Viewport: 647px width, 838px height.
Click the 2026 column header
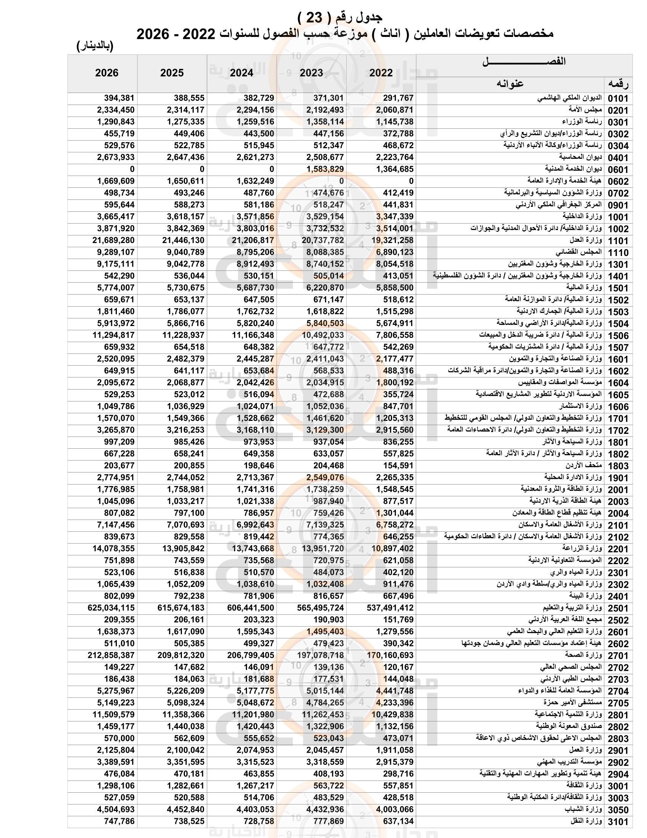(107, 73)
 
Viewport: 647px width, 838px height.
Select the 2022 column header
(381, 73)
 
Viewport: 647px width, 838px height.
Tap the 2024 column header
(241, 73)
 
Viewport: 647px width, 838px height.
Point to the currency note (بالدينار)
(95, 46)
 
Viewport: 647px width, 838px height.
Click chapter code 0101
(618, 99)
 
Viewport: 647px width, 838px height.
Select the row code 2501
(618, 609)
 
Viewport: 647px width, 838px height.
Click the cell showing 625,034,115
(111, 608)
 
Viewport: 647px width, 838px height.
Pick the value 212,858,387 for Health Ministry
(111, 656)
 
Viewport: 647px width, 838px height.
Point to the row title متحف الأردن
(584, 465)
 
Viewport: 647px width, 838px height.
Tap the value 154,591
(398, 466)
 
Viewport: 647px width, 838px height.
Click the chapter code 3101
(618, 822)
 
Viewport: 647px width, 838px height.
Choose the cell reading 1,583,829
(325, 169)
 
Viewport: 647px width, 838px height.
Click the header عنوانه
(510, 84)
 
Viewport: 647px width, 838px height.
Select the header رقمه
(618, 84)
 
